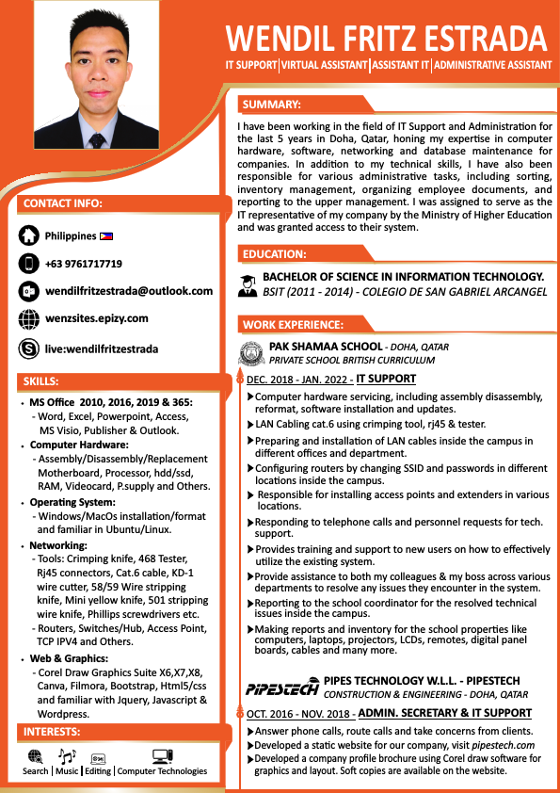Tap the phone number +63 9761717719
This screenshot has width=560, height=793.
[84, 264]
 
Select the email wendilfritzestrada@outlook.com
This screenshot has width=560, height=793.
[129, 291]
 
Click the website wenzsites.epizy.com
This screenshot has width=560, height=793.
[97, 319]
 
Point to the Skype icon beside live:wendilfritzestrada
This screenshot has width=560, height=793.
[29, 349]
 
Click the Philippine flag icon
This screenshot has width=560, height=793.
[106, 235]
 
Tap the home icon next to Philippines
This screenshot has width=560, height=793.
[29, 236]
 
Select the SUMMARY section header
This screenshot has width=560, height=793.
[271, 105]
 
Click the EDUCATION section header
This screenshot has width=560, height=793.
[274, 254]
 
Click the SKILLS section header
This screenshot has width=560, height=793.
[40, 381]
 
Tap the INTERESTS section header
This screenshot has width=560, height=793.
[52, 732]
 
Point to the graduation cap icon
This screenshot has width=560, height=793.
[248, 283]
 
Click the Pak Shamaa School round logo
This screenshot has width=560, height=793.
[250, 353]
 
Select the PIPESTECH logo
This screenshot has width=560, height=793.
[281, 688]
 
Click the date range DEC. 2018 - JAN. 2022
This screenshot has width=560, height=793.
[299, 380]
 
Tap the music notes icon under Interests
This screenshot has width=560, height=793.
[67, 755]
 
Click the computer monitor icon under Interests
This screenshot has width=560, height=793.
[162, 755]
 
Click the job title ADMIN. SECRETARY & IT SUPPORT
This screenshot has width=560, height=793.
[445, 713]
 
